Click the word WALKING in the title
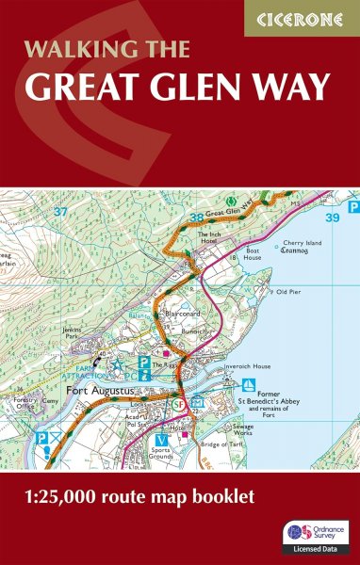66,50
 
